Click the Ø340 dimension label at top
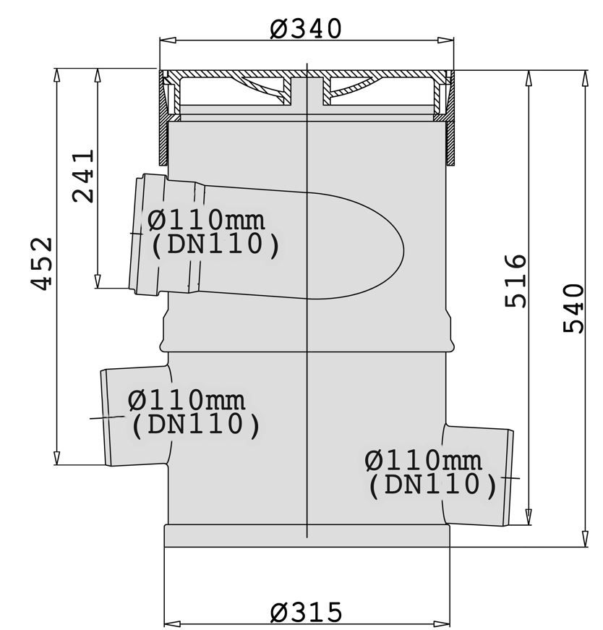coord(305,29)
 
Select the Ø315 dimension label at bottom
coord(306,613)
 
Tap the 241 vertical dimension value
coord(83,176)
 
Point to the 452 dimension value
coord(41,263)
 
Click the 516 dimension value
coord(516,281)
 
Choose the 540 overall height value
coord(573,308)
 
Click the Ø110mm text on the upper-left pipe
coord(206,220)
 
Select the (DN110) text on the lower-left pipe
coord(196,425)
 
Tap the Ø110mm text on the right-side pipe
coord(424,461)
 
